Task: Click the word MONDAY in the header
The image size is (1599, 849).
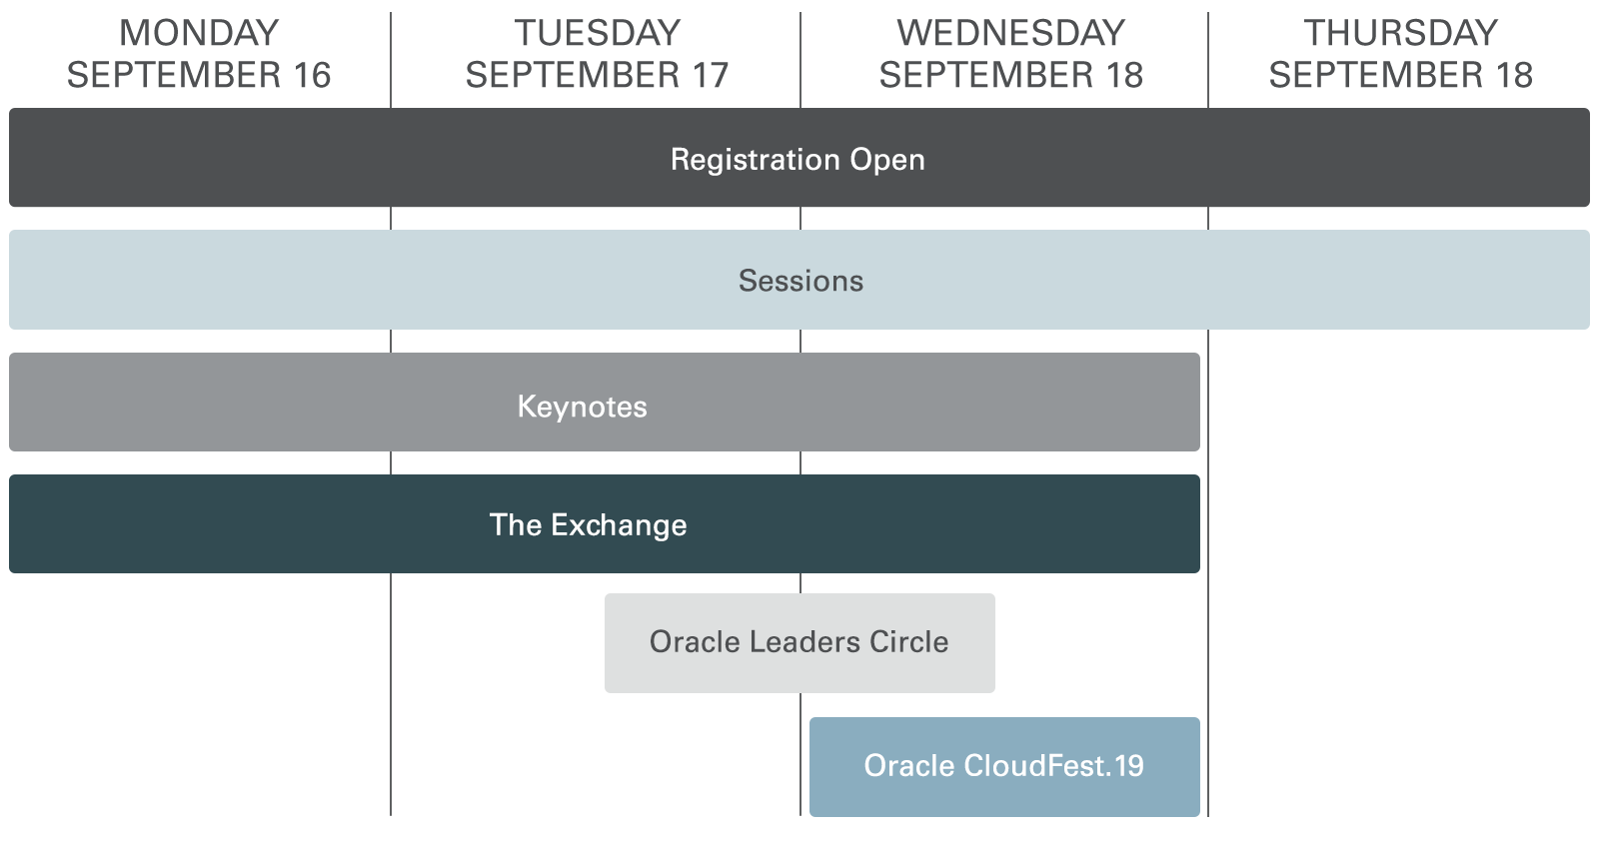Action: [199, 33]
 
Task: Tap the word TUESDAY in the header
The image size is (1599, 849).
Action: [598, 33]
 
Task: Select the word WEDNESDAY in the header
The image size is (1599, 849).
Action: [1010, 33]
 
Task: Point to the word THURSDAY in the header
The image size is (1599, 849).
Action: [1400, 33]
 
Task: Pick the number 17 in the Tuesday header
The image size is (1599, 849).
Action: [709, 75]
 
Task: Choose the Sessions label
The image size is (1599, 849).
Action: [800, 281]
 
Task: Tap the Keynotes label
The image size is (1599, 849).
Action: [582, 407]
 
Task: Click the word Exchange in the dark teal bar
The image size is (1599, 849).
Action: [619, 525]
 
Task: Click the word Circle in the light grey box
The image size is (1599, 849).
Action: [908, 642]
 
